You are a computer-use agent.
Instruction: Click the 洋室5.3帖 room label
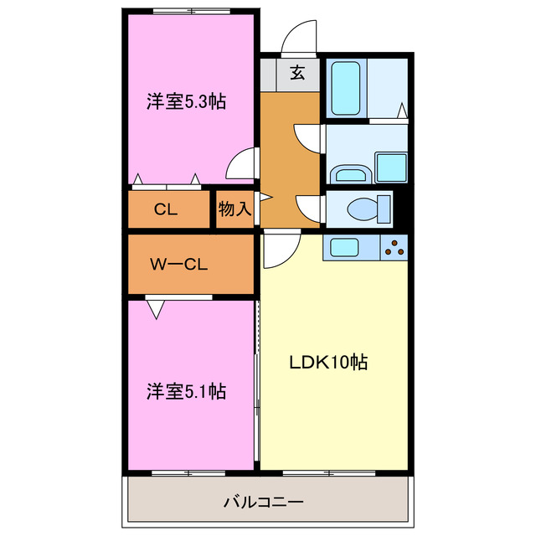(186, 102)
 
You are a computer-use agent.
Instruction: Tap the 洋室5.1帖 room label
(186, 390)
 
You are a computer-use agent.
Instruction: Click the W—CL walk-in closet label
(178, 265)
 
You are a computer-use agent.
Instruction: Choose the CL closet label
(166, 209)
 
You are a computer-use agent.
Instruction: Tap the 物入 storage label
(234, 209)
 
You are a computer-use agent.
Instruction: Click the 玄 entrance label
(297, 73)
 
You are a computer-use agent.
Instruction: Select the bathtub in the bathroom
(345, 89)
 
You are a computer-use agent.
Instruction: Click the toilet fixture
(368, 206)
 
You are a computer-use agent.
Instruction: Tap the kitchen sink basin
(345, 247)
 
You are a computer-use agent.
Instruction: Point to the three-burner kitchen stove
(394, 247)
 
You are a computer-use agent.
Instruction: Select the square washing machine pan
(390, 167)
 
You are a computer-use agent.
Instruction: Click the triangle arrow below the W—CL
(155, 310)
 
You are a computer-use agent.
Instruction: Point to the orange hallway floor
(289, 159)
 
